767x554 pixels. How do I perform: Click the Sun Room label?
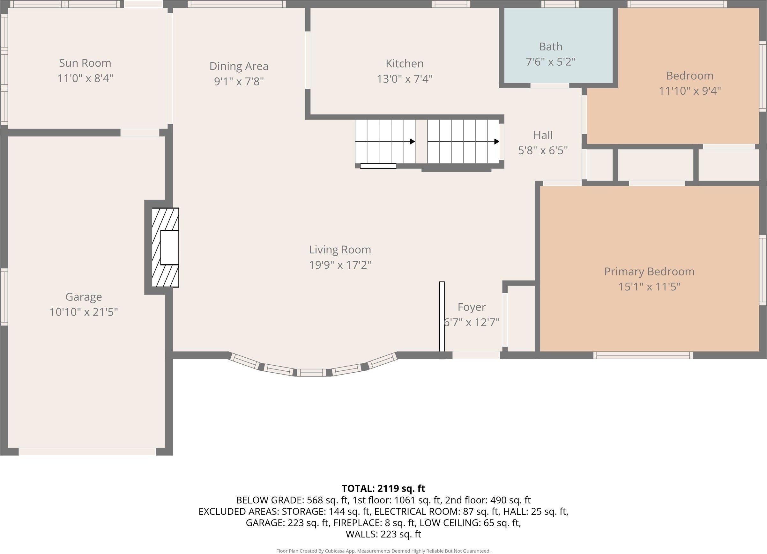pos(85,63)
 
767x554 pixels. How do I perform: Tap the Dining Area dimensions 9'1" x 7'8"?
pos(239,81)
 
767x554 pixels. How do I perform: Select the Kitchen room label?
pos(405,63)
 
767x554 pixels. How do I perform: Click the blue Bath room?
pos(558,45)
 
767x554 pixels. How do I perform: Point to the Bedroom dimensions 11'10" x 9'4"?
pos(689,91)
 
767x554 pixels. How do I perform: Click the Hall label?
pos(543,135)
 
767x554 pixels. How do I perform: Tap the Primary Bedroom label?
pos(649,272)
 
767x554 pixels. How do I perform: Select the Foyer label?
pos(472,307)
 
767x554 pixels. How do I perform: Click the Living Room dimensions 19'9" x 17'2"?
pos(340,265)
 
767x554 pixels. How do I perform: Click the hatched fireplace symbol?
pos(165,248)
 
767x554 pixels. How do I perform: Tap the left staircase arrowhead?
pos(413,142)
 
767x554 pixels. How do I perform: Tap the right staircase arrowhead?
pos(496,142)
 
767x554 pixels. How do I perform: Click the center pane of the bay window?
pos(311,373)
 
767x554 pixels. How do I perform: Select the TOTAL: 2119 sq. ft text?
pos(383,488)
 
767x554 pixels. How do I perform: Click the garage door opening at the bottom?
pos(87,452)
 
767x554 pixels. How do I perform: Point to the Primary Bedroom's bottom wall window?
pos(643,355)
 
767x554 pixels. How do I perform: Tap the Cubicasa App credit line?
pos(383,551)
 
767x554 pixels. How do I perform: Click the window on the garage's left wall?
pos(4,297)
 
